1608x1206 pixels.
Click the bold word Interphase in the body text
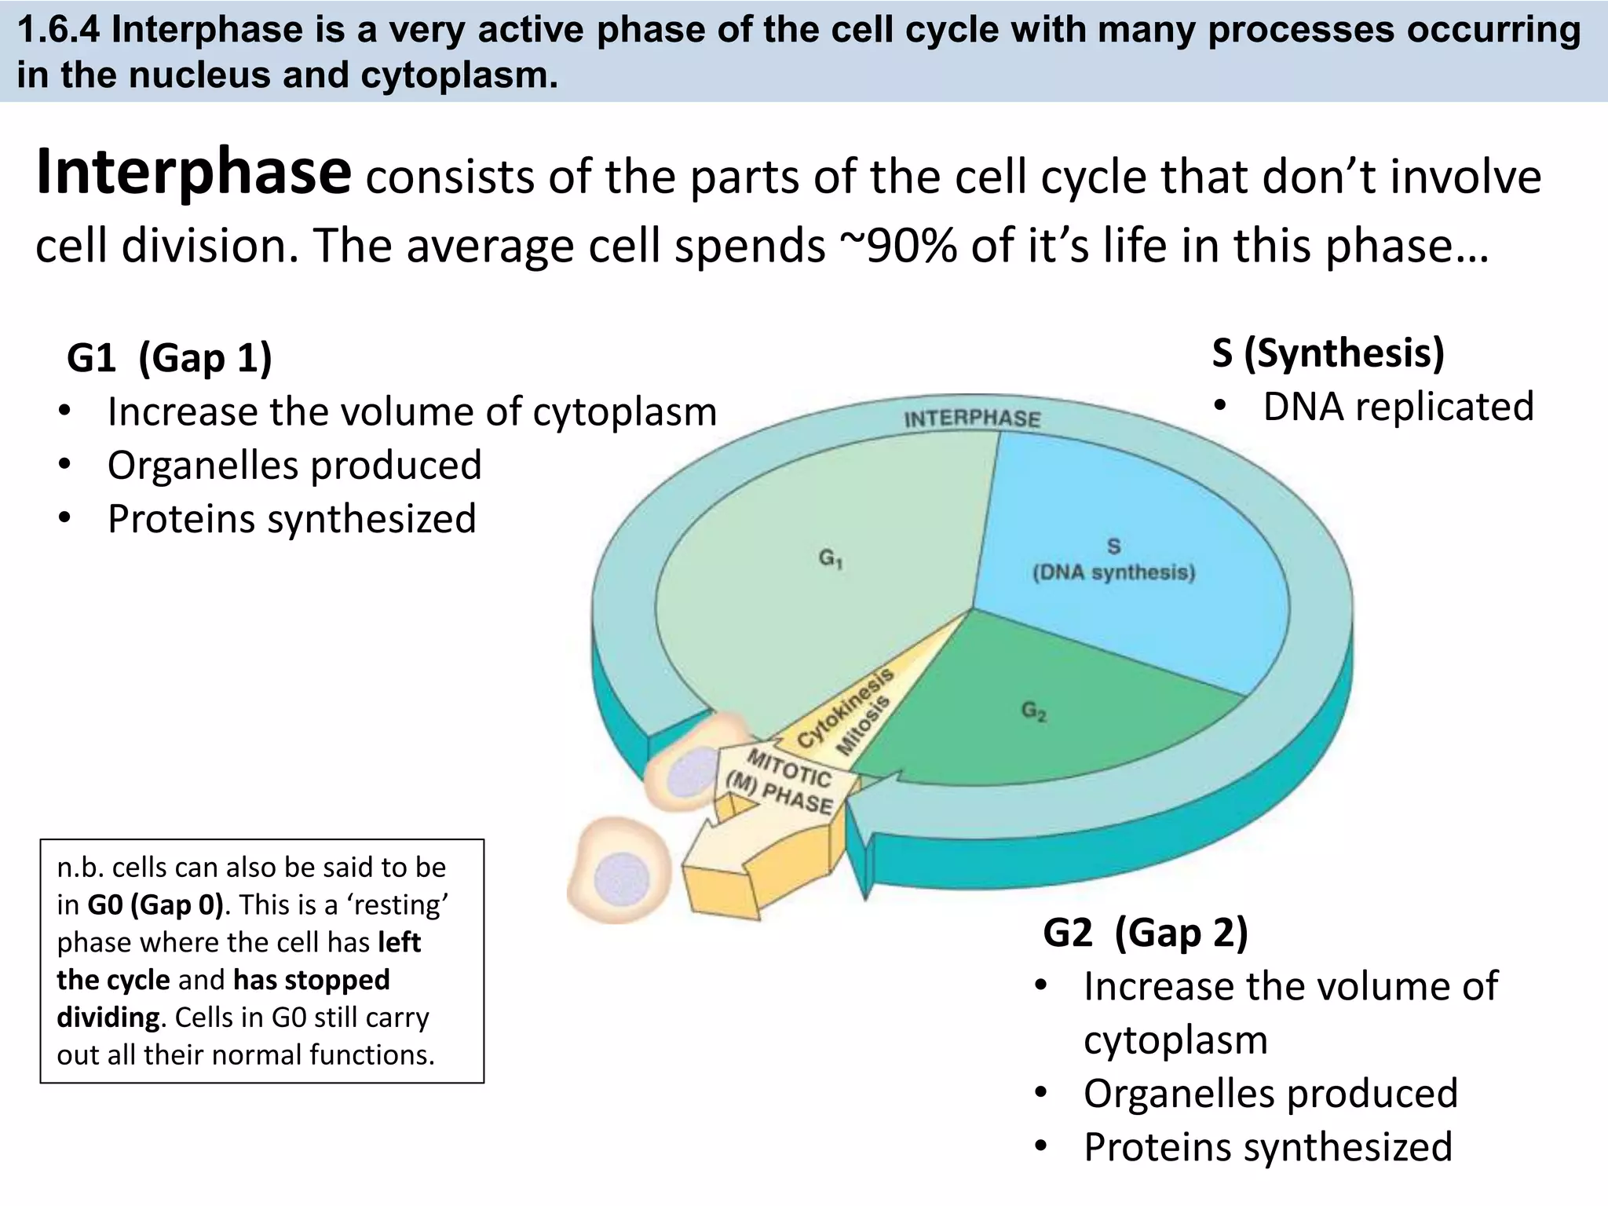pos(192,173)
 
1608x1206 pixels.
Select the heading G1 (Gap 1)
pos(170,358)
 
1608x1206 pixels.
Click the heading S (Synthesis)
pos(1328,353)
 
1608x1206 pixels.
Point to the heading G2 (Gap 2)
pos(1145,933)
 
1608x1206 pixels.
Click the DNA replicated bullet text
pos(1398,407)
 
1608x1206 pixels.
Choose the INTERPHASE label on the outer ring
pos(972,418)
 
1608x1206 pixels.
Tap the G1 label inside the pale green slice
pos(830,558)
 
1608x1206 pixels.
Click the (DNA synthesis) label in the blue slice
pos(1113,572)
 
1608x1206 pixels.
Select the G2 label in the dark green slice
pos(1033,711)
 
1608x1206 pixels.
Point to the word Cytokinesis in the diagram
pos(845,707)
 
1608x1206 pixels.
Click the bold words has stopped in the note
pos(311,980)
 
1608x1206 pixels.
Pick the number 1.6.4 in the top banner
pos(60,30)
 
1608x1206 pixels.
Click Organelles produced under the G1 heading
pos(294,465)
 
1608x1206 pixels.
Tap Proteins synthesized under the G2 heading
pos(1267,1146)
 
